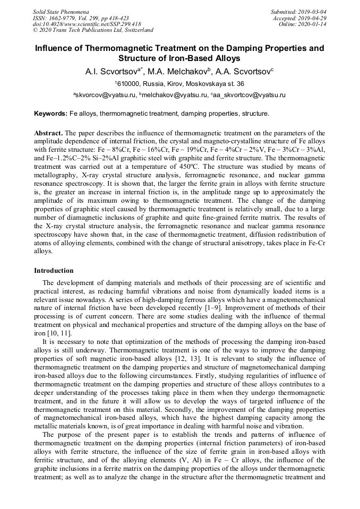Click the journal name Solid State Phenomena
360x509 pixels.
[61, 12]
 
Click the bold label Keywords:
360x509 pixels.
[51, 114]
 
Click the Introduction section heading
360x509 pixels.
[54, 271]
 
